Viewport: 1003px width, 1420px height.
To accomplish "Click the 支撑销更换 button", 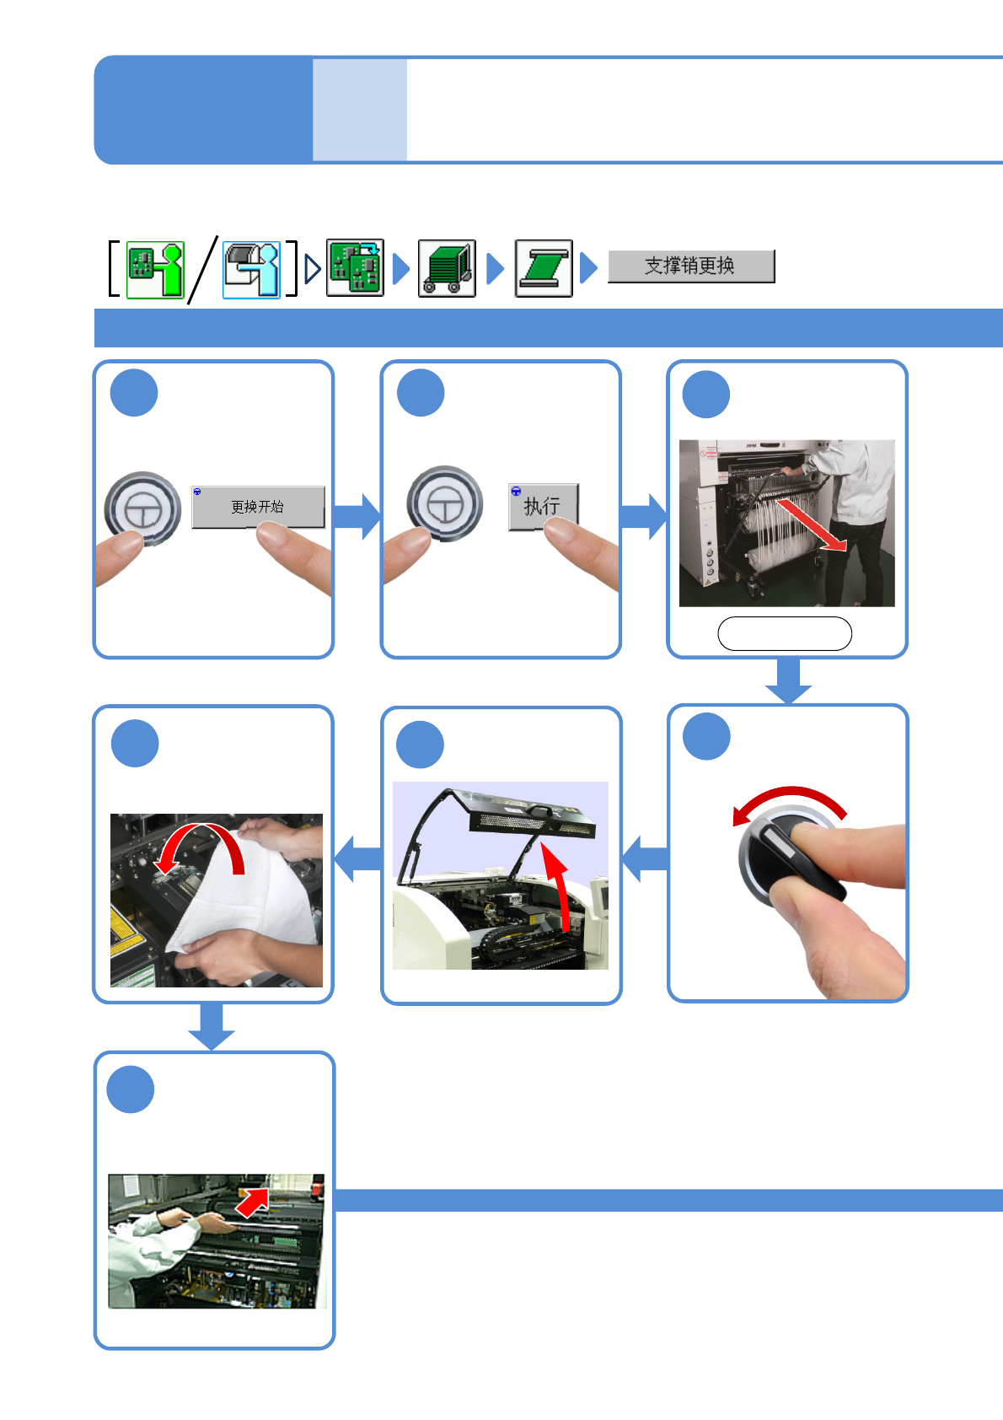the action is click(x=691, y=266).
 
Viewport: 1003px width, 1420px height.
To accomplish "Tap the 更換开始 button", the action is click(x=258, y=507).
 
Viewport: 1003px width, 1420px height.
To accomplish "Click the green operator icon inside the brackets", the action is click(x=155, y=270).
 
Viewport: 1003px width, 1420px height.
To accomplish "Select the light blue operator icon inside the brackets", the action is click(x=251, y=270).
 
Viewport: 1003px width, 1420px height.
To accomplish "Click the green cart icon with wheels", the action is click(x=447, y=268).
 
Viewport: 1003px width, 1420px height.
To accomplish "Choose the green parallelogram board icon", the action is click(x=544, y=268).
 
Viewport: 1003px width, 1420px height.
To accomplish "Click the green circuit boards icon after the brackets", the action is click(x=355, y=267).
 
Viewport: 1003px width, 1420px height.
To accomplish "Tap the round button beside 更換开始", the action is click(x=142, y=509).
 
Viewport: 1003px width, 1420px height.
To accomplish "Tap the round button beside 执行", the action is click(x=445, y=504).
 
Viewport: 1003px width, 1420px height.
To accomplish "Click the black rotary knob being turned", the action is click(x=792, y=856).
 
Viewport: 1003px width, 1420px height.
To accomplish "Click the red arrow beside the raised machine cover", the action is click(x=558, y=887).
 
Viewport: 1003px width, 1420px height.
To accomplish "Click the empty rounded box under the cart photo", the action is click(x=785, y=633).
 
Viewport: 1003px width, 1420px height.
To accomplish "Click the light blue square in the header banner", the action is click(x=359, y=110).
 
